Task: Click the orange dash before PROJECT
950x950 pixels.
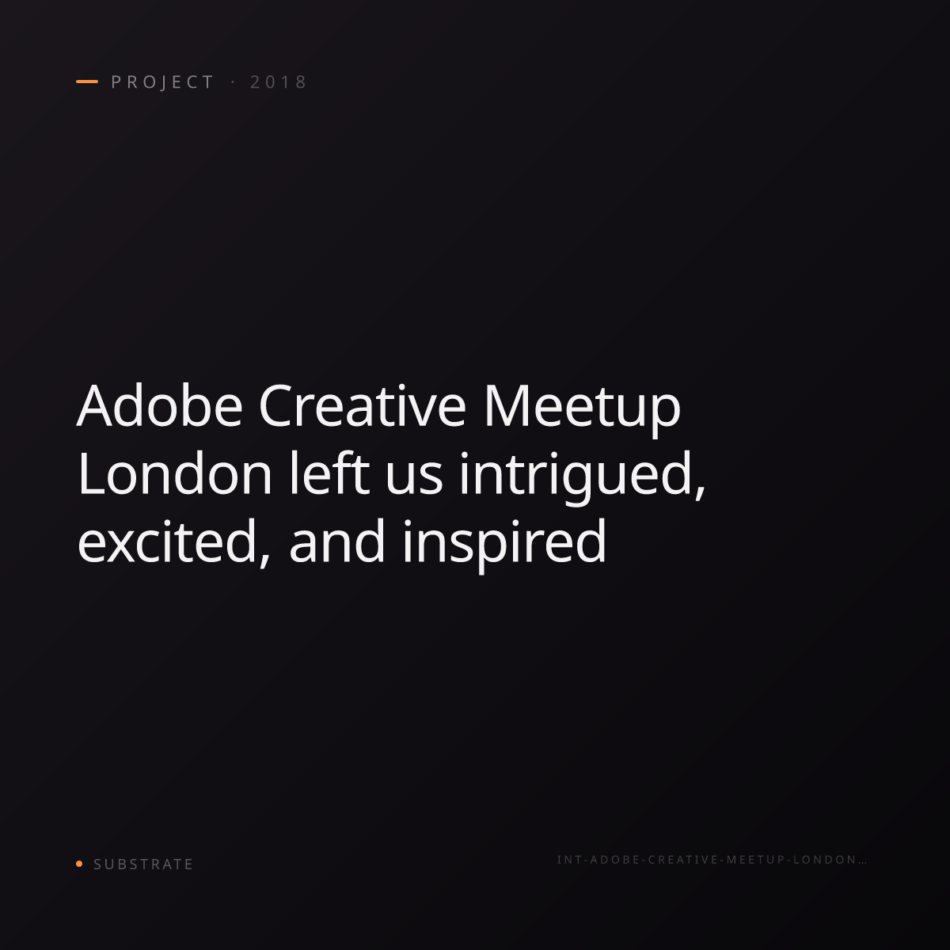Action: coord(87,82)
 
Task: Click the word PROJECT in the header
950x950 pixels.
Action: coord(162,82)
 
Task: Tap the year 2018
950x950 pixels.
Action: coord(279,82)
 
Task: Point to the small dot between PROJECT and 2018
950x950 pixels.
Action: coord(233,82)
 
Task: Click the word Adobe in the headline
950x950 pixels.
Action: coord(160,406)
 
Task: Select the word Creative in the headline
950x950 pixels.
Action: coord(362,406)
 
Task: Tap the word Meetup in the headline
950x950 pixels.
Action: coord(582,410)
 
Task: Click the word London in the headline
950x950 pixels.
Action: coord(174,473)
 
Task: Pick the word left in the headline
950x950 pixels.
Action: coord(329,473)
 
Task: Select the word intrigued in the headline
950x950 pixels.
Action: coord(576,477)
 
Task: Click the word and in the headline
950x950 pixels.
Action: coord(336,541)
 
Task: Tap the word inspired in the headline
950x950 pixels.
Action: coord(504,545)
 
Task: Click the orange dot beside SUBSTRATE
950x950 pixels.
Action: coord(79,863)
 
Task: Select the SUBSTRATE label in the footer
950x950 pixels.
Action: coord(143,864)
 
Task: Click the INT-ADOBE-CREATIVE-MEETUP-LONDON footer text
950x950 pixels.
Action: coord(707,860)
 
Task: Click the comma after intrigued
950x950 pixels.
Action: coord(701,494)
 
